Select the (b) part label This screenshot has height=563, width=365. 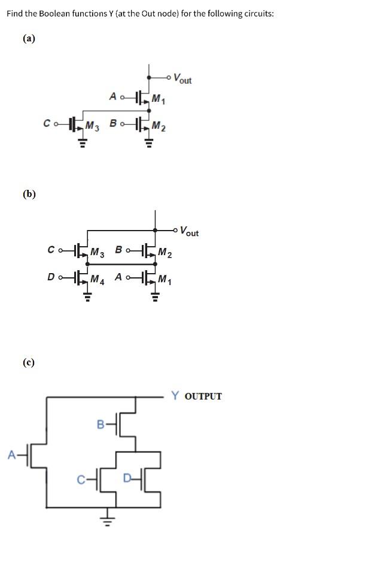[x=29, y=193]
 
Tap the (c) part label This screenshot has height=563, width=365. [x=29, y=362]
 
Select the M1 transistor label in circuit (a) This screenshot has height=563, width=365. [x=159, y=99]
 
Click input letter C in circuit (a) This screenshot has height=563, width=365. [x=47, y=124]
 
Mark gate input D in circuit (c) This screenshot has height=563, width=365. [x=126, y=478]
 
